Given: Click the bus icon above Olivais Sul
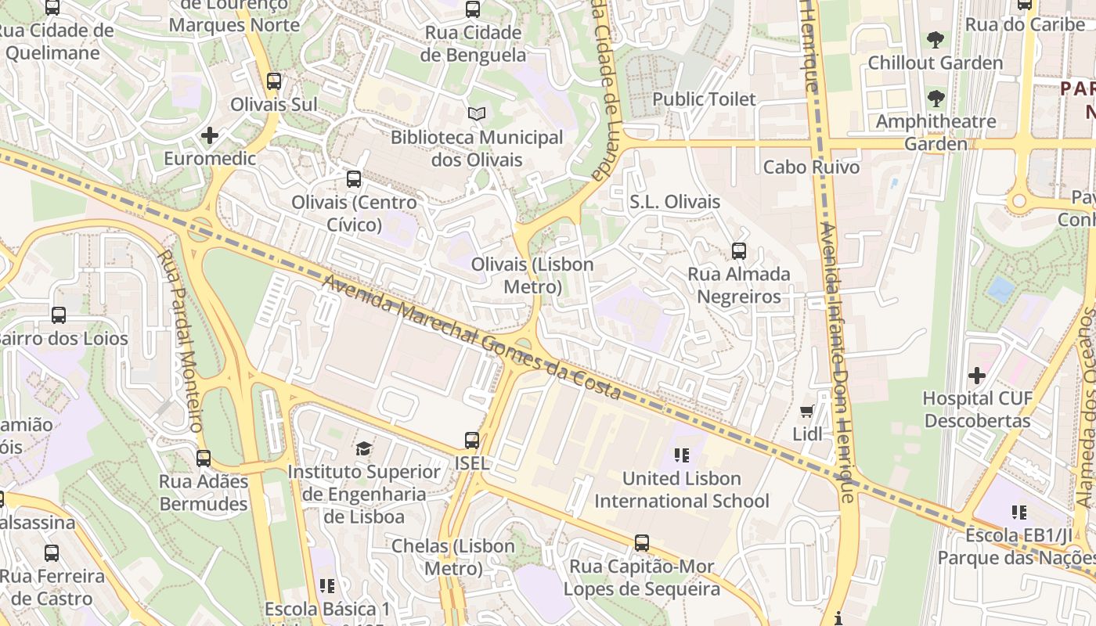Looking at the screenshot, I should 274,81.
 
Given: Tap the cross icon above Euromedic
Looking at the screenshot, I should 210,135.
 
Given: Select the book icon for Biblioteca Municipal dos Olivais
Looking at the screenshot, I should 477,114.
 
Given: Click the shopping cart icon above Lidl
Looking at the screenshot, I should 807,411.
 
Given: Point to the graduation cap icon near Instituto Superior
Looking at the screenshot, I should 363,449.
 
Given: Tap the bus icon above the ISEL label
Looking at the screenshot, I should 472,441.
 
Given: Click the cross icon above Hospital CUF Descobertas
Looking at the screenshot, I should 977,376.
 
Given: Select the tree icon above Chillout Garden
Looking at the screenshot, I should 935,40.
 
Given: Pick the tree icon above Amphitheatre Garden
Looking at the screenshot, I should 935,99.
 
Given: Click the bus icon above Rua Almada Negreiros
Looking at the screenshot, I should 739,252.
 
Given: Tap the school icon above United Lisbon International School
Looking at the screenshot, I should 681,455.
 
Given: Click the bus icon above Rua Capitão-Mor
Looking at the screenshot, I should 642,543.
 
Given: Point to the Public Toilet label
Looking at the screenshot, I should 704,99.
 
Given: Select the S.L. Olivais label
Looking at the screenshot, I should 675,202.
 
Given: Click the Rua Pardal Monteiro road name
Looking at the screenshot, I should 181,340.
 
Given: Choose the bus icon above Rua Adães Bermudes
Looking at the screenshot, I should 204,459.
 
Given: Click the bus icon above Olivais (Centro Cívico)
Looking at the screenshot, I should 354,179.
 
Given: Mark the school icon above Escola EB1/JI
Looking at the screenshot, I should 1018,513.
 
